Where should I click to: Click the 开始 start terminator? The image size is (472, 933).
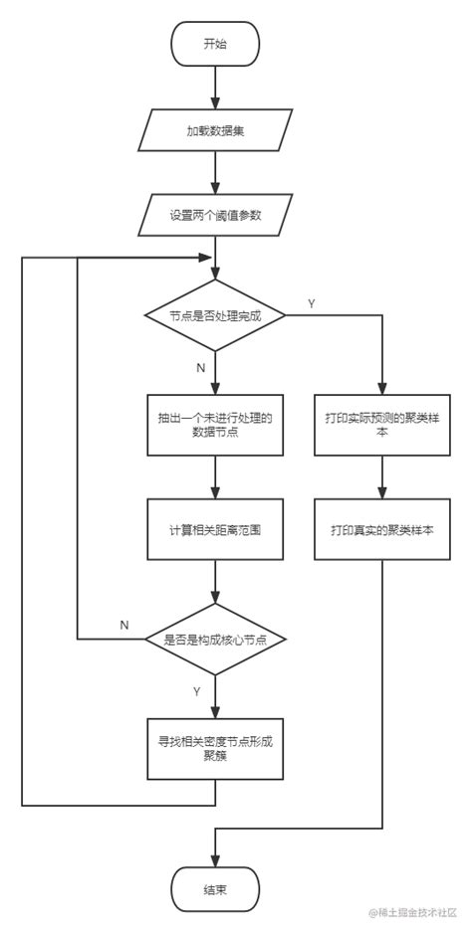(x=215, y=44)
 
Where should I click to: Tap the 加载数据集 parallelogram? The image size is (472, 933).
(x=215, y=130)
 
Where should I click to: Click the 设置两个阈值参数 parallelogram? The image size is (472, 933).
(x=215, y=215)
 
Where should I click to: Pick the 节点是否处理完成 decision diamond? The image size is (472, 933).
(x=215, y=315)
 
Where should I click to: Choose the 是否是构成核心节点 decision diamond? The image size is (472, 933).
(x=215, y=640)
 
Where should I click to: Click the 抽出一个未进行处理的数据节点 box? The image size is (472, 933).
(x=215, y=427)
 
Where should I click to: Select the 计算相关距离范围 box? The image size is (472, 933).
(x=215, y=530)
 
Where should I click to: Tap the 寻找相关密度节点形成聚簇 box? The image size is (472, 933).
(x=215, y=748)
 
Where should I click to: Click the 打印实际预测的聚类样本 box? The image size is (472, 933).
(x=383, y=427)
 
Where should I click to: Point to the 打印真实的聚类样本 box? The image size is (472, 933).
(x=383, y=530)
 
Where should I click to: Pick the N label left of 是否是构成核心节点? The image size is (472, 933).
(x=124, y=625)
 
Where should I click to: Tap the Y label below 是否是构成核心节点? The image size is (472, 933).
(x=197, y=690)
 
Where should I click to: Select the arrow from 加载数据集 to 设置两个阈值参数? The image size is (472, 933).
(x=215, y=173)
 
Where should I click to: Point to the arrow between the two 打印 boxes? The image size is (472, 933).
(x=383, y=478)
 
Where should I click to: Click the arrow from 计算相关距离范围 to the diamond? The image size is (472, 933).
(x=215, y=583)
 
